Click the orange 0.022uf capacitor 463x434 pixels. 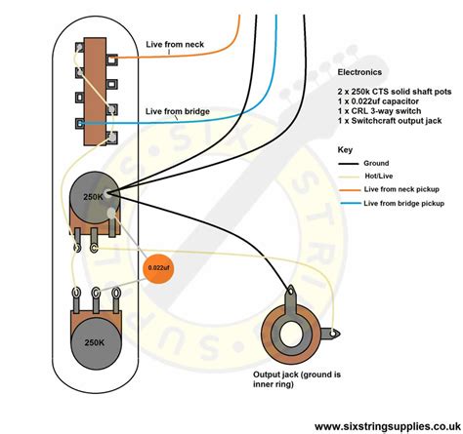point(158,268)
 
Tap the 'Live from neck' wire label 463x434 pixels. point(175,44)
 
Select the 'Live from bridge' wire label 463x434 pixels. point(178,111)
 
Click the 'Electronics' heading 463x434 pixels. point(359,72)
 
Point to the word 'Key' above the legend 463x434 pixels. point(345,150)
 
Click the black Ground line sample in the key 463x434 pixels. point(349,164)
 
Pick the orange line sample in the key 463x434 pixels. point(350,190)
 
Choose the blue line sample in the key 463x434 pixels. point(351,204)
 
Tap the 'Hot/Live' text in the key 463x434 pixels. point(379,177)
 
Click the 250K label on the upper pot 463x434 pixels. point(94,197)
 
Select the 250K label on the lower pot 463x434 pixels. point(95,342)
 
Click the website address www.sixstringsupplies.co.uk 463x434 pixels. point(388,426)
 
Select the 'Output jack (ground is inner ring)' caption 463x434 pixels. point(297,379)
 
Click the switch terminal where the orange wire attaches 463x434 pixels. point(112,59)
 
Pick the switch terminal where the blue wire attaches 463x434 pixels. point(80,124)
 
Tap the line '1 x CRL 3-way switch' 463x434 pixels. point(379,111)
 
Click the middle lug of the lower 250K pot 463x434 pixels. point(96,294)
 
